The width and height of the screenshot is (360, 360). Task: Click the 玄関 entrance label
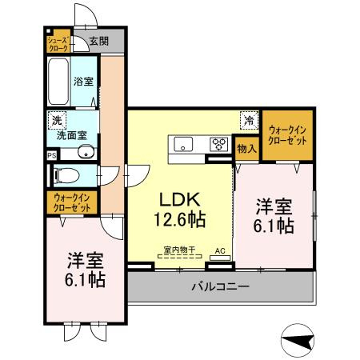click(x=98, y=42)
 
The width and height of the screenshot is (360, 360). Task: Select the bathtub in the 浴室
click(x=58, y=82)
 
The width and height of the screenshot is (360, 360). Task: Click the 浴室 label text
click(x=83, y=82)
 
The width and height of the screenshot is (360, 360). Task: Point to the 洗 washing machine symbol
click(x=57, y=121)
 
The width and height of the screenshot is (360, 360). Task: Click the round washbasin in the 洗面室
click(x=86, y=152)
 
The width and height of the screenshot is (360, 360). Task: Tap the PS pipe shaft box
click(x=52, y=155)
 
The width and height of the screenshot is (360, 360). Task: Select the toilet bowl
click(x=66, y=175)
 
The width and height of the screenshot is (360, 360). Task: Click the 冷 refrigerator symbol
click(x=250, y=121)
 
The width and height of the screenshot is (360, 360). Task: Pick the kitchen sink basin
click(x=183, y=144)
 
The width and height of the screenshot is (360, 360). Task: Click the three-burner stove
click(x=218, y=144)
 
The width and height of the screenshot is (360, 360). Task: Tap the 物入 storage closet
click(x=247, y=149)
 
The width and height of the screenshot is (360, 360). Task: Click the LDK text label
click(x=179, y=199)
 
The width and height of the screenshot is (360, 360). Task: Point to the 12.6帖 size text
click(x=180, y=219)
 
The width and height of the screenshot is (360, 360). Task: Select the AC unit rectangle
click(x=220, y=258)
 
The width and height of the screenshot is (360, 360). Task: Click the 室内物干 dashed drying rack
click(x=180, y=256)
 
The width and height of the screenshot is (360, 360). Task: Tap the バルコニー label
click(x=221, y=286)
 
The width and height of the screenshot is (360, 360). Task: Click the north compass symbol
click(x=298, y=340)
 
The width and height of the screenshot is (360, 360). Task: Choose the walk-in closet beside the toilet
click(x=72, y=202)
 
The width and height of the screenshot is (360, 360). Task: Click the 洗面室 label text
click(x=72, y=135)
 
